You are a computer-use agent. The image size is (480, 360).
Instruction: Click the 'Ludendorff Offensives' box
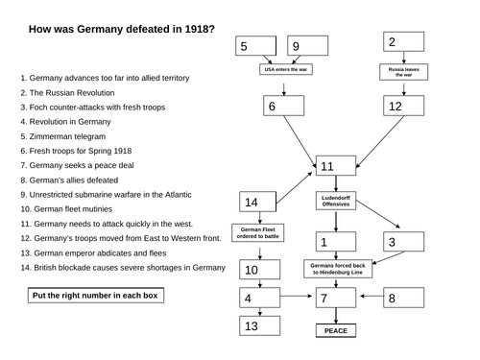[336, 201]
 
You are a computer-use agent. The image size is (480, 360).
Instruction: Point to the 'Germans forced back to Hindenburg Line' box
[335, 269]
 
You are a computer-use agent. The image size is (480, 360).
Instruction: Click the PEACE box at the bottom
[335, 331]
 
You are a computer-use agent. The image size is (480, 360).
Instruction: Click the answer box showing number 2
[402, 42]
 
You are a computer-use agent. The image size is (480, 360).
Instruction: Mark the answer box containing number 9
[306, 46]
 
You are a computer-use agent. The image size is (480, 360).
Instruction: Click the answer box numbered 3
[403, 241]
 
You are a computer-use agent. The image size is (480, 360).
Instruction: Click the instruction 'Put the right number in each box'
[94, 296]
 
